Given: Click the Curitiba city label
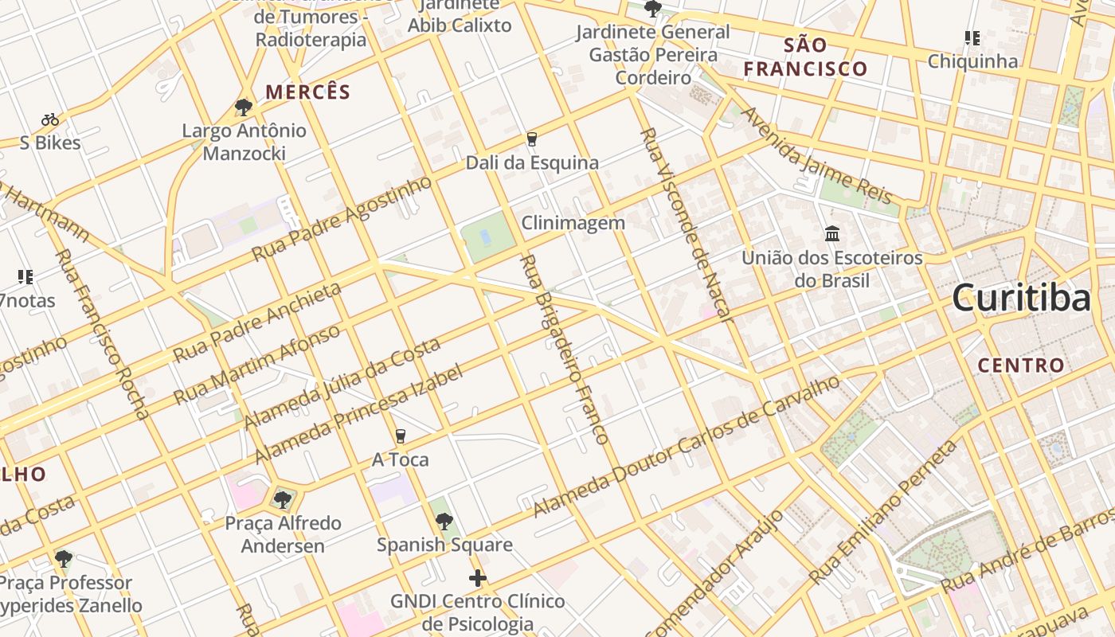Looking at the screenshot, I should pyautogui.click(x=1022, y=299).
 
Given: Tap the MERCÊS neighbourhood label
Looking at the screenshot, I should pyautogui.click(x=307, y=92).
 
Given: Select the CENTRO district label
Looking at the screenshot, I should pyautogui.click(x=1020, y=365).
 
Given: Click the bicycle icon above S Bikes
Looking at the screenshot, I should pyautogui.click(x=50, y=119).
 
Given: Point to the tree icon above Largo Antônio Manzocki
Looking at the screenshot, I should pyautogui.click(x=244, y=107).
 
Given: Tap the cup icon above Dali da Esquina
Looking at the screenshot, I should pyautogui.click(x=532, y=139).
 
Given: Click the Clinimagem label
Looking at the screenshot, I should pyautogui.click(x=573, y=223).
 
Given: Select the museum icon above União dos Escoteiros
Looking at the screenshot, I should pyautogui.click(x=832, y=234).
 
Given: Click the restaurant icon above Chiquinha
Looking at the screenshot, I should pyautogui.click(x=972, y=37).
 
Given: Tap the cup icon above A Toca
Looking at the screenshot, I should pyautogui.click(x=400, y=436).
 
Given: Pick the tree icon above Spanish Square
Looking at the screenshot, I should pyautogui.click(x=444, y=522).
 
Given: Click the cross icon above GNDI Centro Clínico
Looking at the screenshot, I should pyautogui.click(x=478, y=578).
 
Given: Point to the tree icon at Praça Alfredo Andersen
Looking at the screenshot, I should pyautogui.click(x=282, y=500).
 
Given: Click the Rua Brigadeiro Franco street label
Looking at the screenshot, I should pyautogui.click(x=563, y=349).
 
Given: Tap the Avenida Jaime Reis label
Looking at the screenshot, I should pyautogui.click(x=817, y=156).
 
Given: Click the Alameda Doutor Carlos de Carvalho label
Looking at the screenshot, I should pyautogui.click(x=687, y=447).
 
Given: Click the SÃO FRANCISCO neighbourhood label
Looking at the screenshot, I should pyautogui.click(x=805, y=57).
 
